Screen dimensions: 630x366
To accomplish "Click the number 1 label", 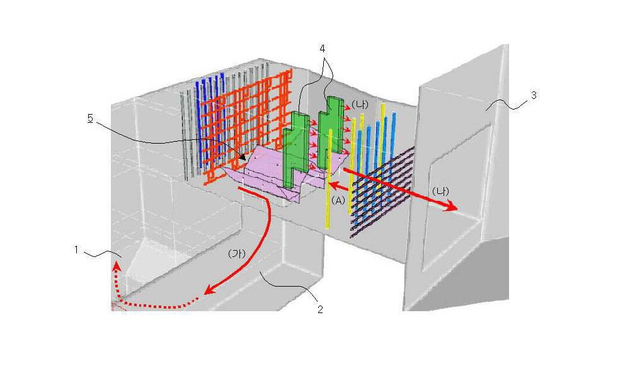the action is (x=77, y=250).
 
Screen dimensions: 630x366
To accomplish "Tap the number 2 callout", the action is (x=320, y=309).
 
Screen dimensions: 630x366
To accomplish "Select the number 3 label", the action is (x=534, y=96).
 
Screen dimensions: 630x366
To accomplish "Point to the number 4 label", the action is (x=322, y=49).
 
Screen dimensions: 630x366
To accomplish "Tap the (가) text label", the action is (x=236, y=254).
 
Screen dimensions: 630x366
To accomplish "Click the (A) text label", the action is (x=338, y=200).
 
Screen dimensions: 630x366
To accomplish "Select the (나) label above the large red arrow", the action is (x=441, y=192).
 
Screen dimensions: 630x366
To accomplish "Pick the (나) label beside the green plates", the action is (x=360, y=104).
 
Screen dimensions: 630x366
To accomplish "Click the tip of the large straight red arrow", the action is (x=457, y=209).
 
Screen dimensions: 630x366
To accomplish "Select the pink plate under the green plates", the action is (x=273, y=173).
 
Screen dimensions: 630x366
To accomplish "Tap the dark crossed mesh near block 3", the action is (x=382, y=193).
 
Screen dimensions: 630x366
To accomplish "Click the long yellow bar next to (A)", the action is (x=329, y=179).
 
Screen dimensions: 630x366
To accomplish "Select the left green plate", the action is (x=295, y=149).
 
